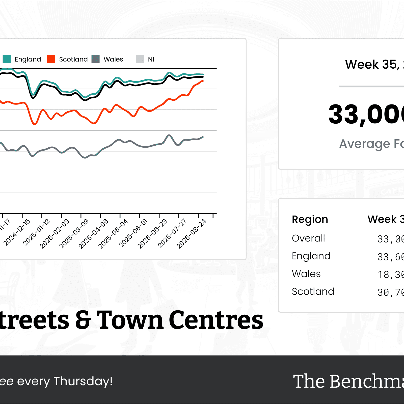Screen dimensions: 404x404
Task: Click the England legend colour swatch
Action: [x=7, y=59]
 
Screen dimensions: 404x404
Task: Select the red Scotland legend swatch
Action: [x=51, y=59]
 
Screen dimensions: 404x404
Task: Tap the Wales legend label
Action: [x=113, y=59]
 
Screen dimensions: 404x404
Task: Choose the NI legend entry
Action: [x=151, y=59]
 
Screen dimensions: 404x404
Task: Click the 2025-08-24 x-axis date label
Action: [x=192, y=234]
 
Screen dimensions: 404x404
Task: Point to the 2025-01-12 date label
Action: [x=37, y=232]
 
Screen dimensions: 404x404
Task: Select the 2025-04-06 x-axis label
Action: [x=93, y=234]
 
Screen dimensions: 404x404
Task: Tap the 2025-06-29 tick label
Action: [x=152, y=234]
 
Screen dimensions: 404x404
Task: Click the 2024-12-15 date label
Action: [x=17, y=232]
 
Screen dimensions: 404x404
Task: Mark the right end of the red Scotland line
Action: [x=203, y=81]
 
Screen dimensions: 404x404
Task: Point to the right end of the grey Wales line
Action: [x=203, y=137]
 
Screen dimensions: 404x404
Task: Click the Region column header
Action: [x=310, y=220]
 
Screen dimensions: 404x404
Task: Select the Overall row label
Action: [x=308, y=238]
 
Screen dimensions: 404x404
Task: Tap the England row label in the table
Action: [x=311, y=256]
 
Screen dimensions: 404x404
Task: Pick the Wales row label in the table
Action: [x=306, y=274]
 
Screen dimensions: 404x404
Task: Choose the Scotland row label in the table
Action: [x=313, y=291]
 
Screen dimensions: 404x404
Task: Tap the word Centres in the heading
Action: [x=216, y=320]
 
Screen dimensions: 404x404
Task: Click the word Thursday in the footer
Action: [x=83, y=381]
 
